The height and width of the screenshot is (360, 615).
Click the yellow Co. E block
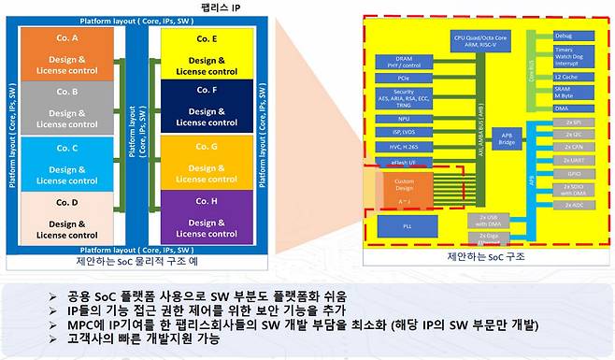(x=202, y=52)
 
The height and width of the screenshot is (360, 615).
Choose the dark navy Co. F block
(x=202, y=106)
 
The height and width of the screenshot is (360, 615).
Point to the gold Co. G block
(x=202, y=160)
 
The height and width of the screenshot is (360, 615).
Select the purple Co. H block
(x=202, y=214)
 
